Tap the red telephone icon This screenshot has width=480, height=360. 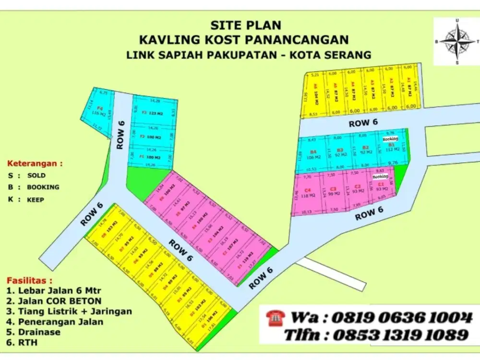tap(275, 317)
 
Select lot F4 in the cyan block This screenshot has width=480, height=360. tap(100, 111)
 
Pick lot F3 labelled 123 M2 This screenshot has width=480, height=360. tap(153, 113)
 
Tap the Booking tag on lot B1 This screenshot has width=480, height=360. tap(390, 139)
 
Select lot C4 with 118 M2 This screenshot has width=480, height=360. tap(311, 192)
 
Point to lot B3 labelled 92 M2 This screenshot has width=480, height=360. tap(340, 152)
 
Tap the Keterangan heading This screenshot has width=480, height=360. tap(35, 163)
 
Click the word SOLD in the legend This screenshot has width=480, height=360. tap(36, 176)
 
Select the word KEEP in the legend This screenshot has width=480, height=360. tap(36, 199)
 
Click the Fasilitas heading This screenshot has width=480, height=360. tap(30, 280)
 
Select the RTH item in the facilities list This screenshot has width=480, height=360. tap(28, 343)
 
